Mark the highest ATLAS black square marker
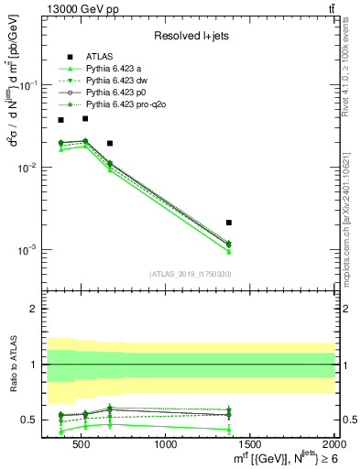coord(84,118)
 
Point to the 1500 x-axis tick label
coord(250,445)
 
